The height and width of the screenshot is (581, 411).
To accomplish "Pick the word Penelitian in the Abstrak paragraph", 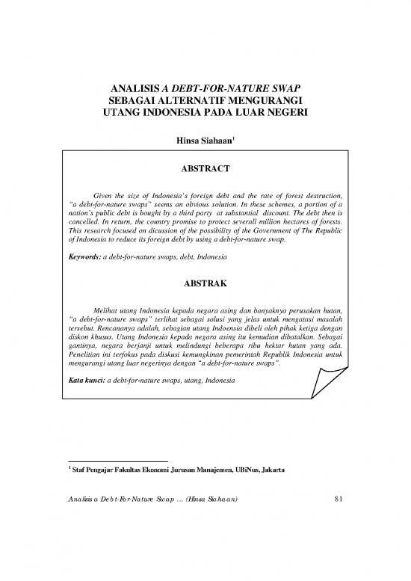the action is tap(81, 356).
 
